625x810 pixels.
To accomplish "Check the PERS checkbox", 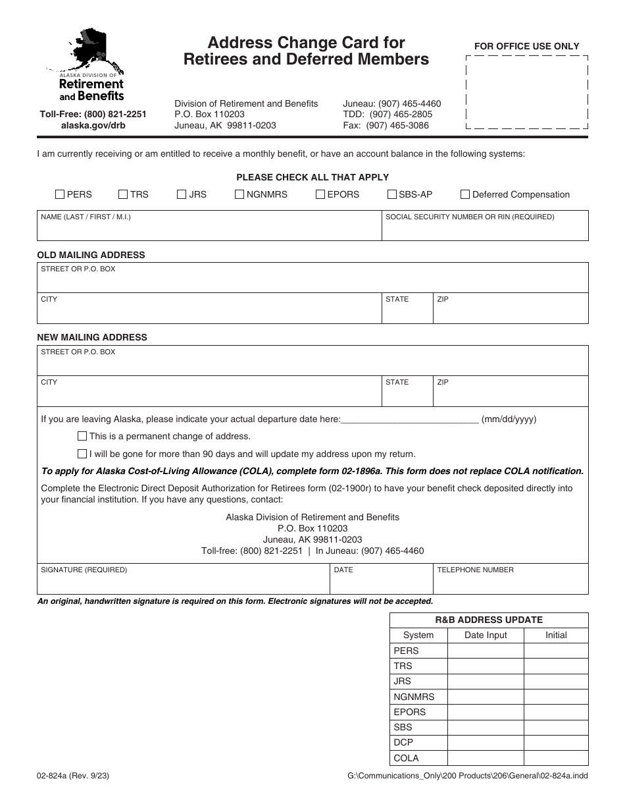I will tap(60, 194).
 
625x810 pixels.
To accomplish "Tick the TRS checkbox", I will tap(123, 194).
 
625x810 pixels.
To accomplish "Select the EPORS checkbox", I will tap(320, 194).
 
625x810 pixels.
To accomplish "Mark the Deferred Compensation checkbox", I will tap(465, 194).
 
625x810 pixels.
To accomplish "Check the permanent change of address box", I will tap(82, 436).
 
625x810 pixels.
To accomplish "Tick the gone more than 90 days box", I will tap(82, 454).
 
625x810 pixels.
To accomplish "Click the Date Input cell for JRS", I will tap(486, 682).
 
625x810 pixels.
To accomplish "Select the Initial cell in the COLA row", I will tap(556, 758).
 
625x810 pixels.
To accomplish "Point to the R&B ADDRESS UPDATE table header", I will tap(489, 620).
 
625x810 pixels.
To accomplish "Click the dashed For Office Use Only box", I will tap(527, 92).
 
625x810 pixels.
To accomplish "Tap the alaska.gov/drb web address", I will tap(93, 125).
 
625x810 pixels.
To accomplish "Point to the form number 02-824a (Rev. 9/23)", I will tap(73, 776).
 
